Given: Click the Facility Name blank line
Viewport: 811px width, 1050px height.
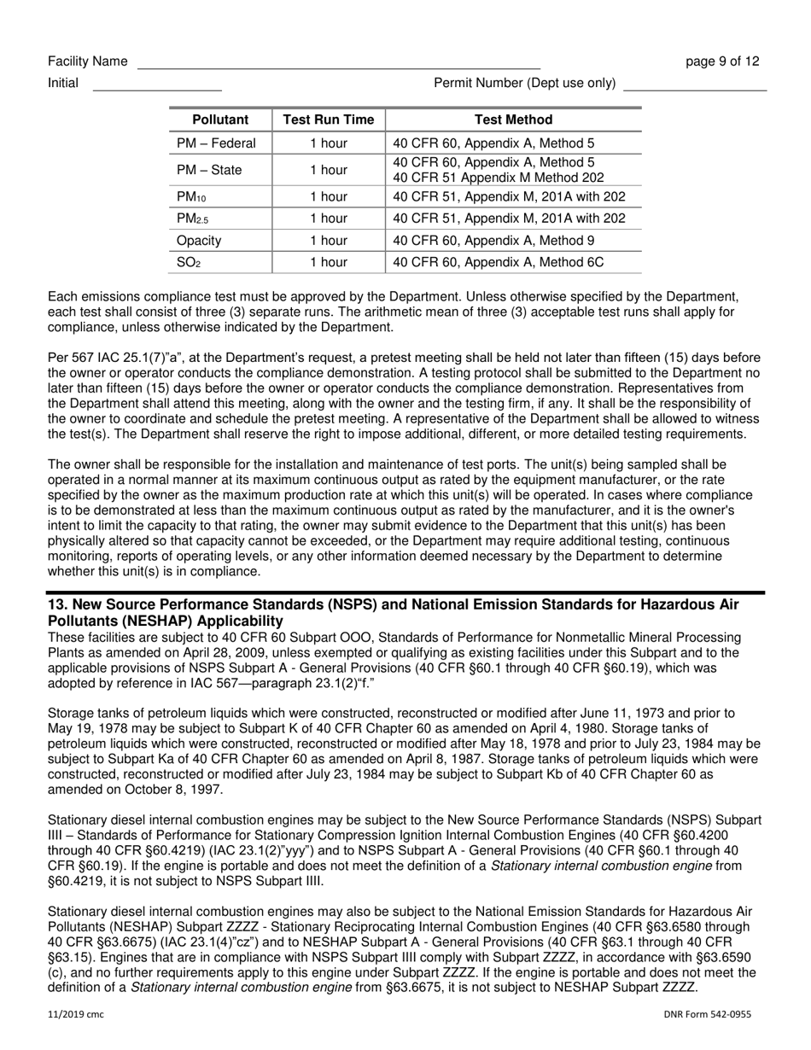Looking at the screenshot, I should [x=338, y=63].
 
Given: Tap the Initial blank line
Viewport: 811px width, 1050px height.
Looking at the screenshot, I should [x=156, y=85].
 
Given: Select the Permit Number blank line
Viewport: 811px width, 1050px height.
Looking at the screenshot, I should [x=695, y=85].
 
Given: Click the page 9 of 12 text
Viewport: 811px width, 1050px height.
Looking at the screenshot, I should [x=722, y=61].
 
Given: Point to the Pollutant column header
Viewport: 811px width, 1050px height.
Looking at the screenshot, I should [x=220, y=120].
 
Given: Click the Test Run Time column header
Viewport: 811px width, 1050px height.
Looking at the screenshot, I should [x=329, y=120].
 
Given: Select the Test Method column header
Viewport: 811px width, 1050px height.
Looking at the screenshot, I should [x=513, y=120].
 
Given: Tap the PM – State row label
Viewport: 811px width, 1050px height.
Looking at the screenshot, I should [x=209, y=170].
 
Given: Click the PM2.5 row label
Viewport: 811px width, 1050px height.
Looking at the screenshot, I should [x=192, y=219].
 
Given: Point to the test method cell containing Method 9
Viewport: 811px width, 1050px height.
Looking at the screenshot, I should [x=493, y=241].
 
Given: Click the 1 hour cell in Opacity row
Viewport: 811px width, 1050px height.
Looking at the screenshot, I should [x=329, y=241].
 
